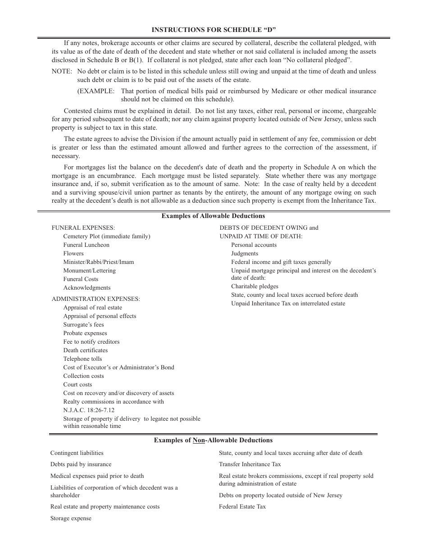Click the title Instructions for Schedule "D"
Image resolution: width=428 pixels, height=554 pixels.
tap(214, 30)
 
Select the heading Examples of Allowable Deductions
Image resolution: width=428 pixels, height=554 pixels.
tap(213, 216)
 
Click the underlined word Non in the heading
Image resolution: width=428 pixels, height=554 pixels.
tap(198, 440)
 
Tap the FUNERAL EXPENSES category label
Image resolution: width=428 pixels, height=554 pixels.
tap(83, 228)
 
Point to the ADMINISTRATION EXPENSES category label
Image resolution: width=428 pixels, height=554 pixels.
tap(96, 299)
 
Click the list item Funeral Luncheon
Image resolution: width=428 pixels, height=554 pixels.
tap(86, 245)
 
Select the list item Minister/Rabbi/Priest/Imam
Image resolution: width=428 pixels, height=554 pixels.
tap(98, 262)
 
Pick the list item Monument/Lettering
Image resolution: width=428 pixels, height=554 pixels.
tap(89, 271)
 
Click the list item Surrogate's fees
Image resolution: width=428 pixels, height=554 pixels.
tap(83, 325)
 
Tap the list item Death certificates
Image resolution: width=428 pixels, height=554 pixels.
tap(85, 350)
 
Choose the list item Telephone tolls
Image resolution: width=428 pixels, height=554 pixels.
tap(82, 359)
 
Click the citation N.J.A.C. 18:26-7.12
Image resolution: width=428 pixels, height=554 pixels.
tap(89, 410)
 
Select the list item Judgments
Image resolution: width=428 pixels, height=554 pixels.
tap(245, 254)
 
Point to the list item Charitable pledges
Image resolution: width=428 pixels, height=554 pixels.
tap(255, 286)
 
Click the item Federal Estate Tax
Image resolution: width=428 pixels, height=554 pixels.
tap(242, 507)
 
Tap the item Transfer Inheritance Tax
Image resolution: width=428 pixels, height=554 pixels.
tap(250, 464)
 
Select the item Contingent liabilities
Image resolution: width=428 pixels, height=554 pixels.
tap(77, 453)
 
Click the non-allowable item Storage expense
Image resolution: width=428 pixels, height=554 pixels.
tap(71, 518)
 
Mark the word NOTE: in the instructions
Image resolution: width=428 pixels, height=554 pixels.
tap(62, 72)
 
